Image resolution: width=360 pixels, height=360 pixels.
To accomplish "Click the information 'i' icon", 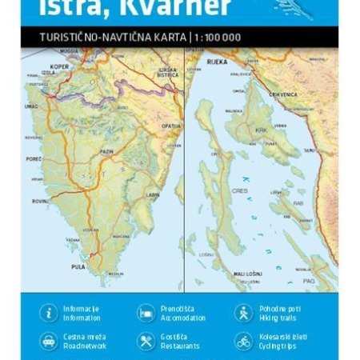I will pos(50,313).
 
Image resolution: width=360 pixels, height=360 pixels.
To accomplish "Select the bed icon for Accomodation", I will pos(146,313).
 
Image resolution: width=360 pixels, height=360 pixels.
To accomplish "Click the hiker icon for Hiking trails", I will pos(243,313).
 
